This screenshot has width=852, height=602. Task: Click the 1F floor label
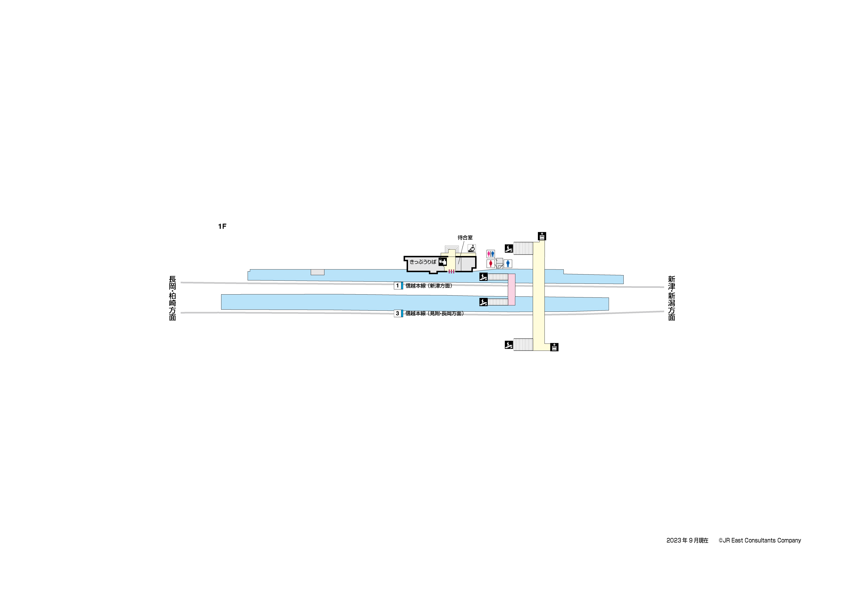coord(222,226)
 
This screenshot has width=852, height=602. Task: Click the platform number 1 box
coord(397,286)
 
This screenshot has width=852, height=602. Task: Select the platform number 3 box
coord(397,313)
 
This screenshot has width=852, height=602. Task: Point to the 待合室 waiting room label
coord(465,237)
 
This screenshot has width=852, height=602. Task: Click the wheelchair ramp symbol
coord(472,248)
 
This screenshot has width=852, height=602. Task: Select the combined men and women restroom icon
coord(490,254)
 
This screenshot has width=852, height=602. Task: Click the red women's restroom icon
coord(490,264)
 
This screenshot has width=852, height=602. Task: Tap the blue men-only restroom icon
coord(508,264)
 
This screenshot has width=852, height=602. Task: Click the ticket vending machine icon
coord(442,262)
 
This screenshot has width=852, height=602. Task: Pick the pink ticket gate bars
coord(451,272)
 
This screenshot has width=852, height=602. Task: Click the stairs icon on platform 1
coord(483,277)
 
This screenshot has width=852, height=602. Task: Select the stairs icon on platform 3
coord(483,302)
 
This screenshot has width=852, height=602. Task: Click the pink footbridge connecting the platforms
coord(511,290)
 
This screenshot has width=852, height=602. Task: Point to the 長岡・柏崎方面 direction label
coord(173,298)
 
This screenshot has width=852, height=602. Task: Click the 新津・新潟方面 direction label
coord(671,298)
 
